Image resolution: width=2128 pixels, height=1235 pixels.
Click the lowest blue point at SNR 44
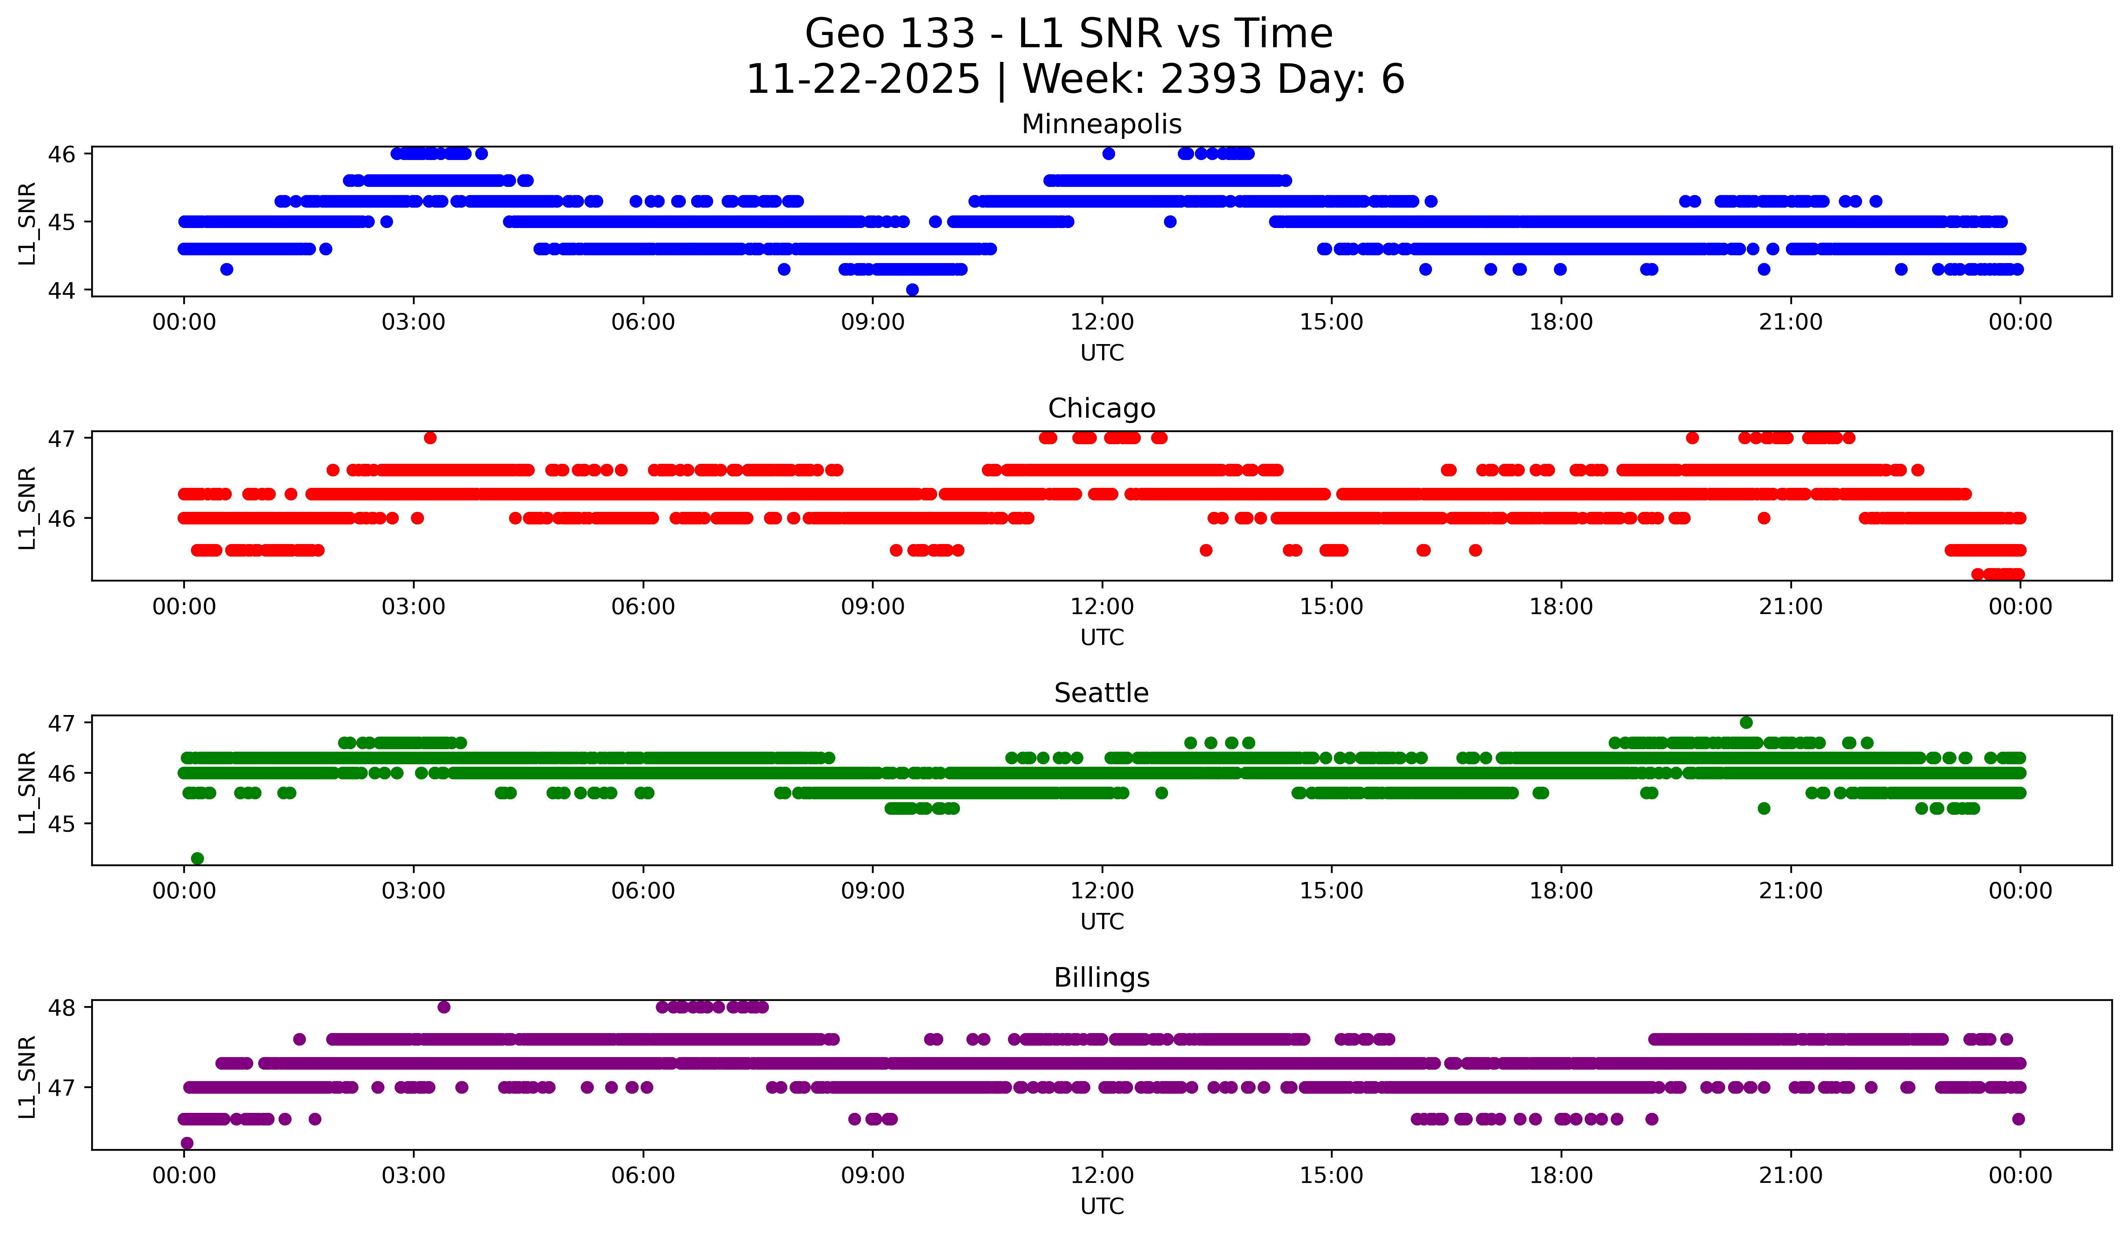coord(912,290)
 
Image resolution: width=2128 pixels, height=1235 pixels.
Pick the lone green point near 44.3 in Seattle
coord(198,858)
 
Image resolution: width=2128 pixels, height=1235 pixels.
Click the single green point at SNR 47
coord(1746,723)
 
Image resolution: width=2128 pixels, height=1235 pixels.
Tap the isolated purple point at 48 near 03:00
coord(444,1007)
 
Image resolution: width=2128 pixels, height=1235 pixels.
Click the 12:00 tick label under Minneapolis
coord(1102,322)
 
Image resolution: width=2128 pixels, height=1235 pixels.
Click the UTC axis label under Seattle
coord(1102,922)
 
